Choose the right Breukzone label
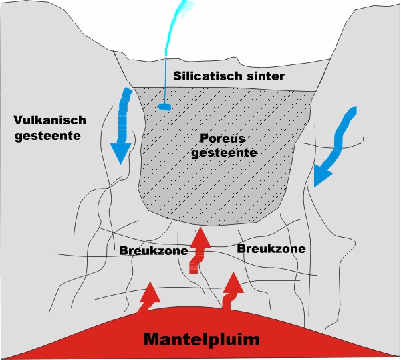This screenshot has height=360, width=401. point(271,248)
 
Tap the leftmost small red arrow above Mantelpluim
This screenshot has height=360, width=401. point(148,297)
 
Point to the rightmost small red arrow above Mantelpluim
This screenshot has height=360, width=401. point(231,290)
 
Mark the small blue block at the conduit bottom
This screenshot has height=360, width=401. point(164,106)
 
